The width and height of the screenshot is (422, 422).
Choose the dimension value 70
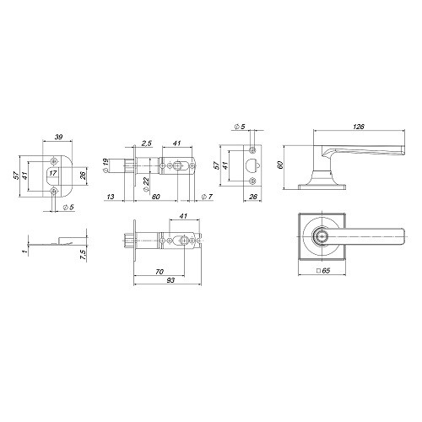(160, 272)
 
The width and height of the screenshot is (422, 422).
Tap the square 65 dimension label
(322, 272)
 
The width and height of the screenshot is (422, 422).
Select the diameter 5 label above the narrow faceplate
(240, 127)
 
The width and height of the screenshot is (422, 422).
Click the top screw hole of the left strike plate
(55, 159)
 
